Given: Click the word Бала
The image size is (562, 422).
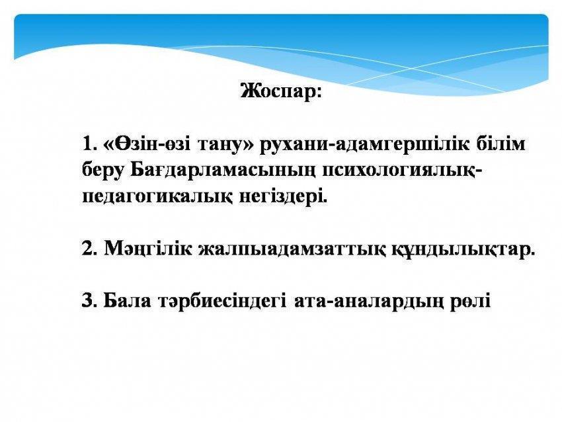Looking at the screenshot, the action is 127,300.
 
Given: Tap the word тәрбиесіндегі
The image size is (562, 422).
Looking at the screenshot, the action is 222,302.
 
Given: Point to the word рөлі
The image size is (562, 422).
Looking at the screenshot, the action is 469,302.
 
